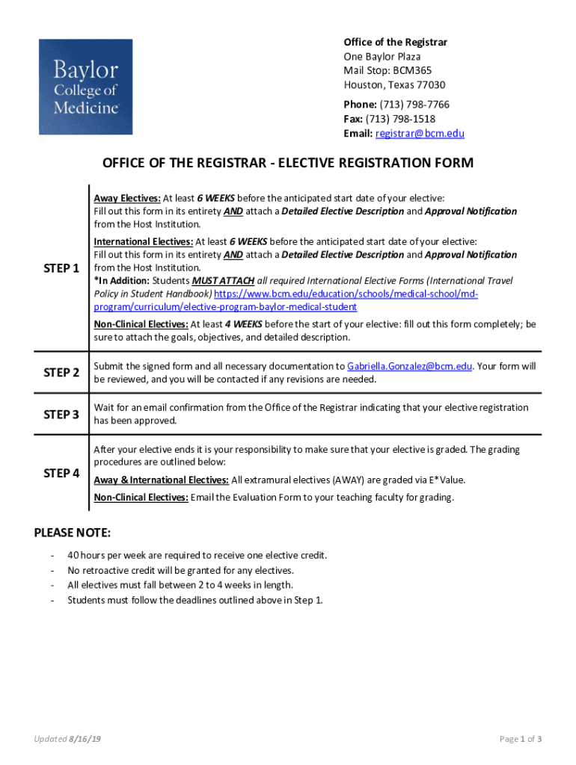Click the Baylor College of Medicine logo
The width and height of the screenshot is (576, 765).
pos(85,87)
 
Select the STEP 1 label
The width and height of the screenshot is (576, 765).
pos(62,267)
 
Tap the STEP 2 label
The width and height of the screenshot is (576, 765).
pos(62,372)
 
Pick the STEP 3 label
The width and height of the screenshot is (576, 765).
pos(62,414)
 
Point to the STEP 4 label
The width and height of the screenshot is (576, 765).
pos(62,473)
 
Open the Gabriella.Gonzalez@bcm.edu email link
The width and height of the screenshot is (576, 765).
pos(409,366)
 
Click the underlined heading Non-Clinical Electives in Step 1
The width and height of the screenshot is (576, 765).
pos(141,324)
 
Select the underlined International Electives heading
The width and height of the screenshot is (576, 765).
pos(143,241)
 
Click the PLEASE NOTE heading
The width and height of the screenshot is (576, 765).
pos(73,533)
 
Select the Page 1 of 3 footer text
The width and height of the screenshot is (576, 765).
pos(521,740)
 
